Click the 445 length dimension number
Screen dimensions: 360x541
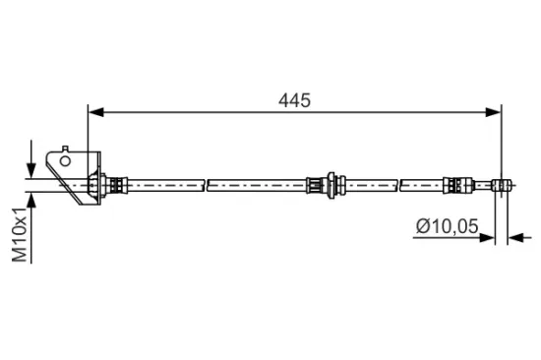coord(293,100)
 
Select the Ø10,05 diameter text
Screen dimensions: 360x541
coord(446,227)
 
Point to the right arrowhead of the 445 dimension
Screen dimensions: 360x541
coord(495,112)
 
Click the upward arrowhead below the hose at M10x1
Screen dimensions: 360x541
coord(32,201)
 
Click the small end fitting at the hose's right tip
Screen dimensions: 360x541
coord(502,183)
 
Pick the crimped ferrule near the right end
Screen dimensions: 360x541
coord(454,183)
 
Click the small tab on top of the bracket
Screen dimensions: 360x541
coord(65,149)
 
